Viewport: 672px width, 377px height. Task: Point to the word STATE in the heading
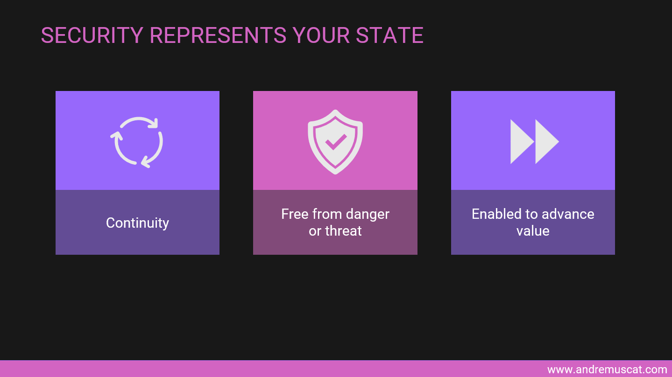coord(390,35)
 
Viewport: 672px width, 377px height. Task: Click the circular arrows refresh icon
coord(137,141)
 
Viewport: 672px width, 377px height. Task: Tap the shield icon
coord(335,141)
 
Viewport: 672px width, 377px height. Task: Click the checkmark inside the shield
coord(335,141)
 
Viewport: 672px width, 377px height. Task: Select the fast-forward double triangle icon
coord(534,141)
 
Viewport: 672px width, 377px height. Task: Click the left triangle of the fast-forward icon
coord(521,141)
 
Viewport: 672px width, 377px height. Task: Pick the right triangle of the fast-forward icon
coord(546,141)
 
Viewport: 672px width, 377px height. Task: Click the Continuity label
coord(137,223)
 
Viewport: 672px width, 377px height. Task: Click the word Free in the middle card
coord(295,214)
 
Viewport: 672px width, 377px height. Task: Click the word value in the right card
coord(533,231)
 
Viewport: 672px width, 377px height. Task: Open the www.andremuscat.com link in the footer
coord(607,370)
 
